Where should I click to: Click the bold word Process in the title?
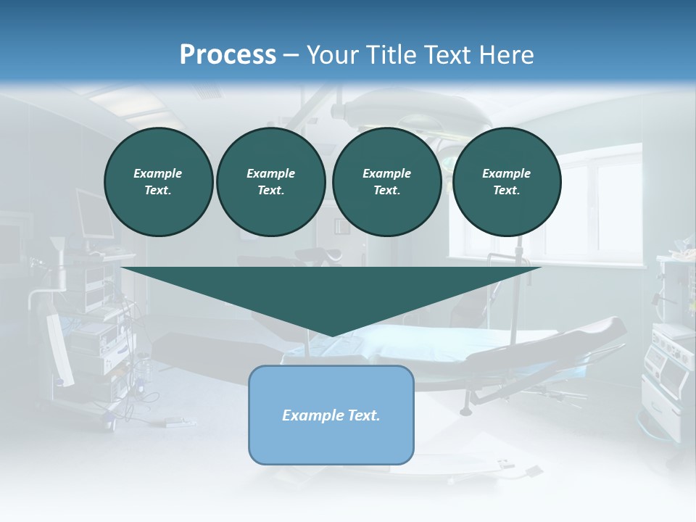[x=228, y=54]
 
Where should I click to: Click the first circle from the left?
[x=158, y=182]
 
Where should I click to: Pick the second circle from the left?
[x=270, y=182]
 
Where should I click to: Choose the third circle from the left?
[x=386, y=182]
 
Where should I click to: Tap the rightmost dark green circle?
[x=506, y=182]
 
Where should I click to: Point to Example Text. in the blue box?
[x=331, y=415]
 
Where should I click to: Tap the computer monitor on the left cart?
[x=94, y=215]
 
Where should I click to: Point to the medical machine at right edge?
[x=671, y=348]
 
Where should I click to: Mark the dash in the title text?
[x=291, y=55]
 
